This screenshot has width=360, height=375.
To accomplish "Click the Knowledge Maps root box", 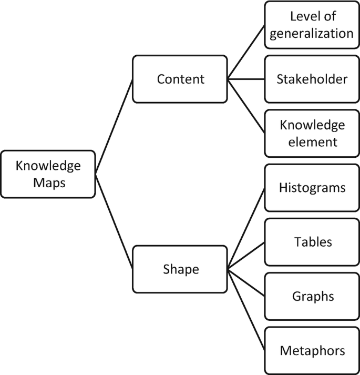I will click(x=48, y=174).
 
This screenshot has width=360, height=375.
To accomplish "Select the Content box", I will click(x=180, y=79).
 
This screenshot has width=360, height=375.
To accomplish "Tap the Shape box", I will click(x=180, y=269).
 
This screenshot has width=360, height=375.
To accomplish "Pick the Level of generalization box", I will click(x=312, y=25).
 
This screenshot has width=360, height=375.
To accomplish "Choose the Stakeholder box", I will click(x=312, y=79).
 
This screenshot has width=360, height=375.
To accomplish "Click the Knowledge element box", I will click(x=312, y=134).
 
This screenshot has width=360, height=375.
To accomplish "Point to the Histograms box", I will click(x=312, y=188).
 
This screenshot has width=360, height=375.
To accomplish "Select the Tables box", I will click(x=312, y=242).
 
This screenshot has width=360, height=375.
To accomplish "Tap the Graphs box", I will click(x=312, y=296).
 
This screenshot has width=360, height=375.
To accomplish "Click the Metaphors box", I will click(x=312, y=350).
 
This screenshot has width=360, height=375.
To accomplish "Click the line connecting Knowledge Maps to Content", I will click(x=114, y=126).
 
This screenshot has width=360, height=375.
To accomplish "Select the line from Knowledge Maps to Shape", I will click(x=114, y=221).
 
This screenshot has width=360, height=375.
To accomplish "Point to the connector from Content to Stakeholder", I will click(x=245, y=79).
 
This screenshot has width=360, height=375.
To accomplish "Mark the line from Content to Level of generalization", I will click(x=245, y=53).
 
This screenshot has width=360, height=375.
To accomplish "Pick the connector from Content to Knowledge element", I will click(x=245, y=106).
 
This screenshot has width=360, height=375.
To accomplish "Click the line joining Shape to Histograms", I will click(x=245, y=229).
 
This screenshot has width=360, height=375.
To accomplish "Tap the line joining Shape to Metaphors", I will click(x=245, y=310).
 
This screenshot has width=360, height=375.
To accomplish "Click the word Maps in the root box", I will click(x=48, y=182).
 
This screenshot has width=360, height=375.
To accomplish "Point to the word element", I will click(x=312, y=141).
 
